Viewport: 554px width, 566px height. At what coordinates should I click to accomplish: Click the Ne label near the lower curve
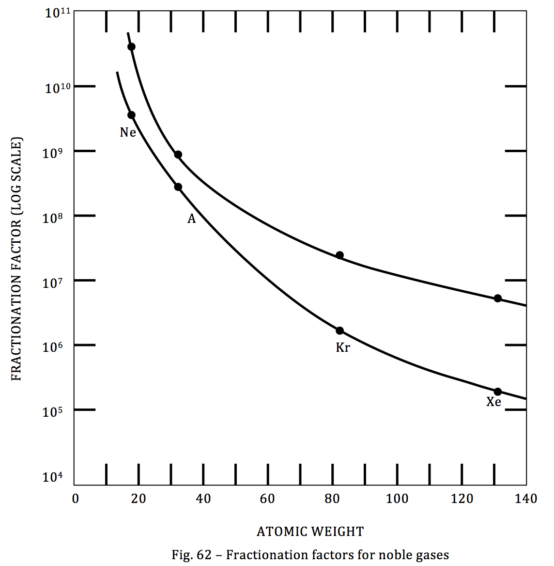(x=128, y=132)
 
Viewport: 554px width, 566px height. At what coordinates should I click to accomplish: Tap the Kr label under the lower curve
(x=343, y=347)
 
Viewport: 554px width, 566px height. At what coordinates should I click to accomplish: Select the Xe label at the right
(x=493, y=402)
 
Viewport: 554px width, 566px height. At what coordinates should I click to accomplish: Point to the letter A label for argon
(x=192, y=219)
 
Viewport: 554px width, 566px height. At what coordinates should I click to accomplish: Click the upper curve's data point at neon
(x=131, y=47)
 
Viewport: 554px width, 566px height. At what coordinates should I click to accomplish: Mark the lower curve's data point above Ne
(x=131, y=115)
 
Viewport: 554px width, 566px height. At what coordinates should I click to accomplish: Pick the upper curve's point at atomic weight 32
(x=178, y=155)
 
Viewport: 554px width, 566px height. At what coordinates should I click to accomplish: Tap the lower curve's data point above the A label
(x=178, y=187)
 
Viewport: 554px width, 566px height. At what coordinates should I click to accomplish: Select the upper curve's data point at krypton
(x=339, y=255)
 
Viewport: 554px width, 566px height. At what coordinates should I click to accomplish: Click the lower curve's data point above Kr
(x=339, y=330)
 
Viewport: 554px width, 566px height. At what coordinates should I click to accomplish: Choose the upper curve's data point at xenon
(x=497, y=298)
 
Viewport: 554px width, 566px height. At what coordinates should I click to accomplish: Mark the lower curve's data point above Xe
(x=497, y=392)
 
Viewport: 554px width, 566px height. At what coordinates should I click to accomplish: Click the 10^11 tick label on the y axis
(x=58, y=12)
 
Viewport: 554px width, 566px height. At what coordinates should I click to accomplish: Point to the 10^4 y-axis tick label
(x=53, y=477)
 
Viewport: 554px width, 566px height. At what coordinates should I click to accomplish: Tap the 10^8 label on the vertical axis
(x=54, y=218)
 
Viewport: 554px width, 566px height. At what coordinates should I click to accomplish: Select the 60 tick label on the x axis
(x=267, y=499)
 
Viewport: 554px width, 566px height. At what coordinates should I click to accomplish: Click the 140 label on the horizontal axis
(x=526, y=499)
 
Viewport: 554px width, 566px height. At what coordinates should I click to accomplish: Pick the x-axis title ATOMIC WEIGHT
(x=310, y=532)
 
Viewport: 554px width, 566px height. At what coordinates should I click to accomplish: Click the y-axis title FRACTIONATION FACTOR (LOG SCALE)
(x=16, y=259)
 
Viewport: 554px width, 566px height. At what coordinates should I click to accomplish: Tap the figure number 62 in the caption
(x=205, y=555)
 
